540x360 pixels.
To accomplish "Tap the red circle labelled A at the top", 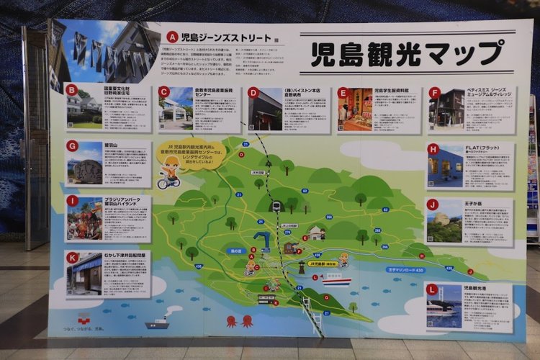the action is tap(172, 36).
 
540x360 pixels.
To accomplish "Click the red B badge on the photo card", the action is tap(71, 90).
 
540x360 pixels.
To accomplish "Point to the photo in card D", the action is tap(265, 110).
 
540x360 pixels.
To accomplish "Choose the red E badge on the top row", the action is tap(343, 92).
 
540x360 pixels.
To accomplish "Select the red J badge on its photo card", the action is tap(432, 204).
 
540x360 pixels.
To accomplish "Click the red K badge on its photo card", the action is tap(72, 257).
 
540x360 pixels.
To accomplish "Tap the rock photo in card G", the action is tap(85, 164).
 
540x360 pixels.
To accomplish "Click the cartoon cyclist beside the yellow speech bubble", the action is tap(169, 174).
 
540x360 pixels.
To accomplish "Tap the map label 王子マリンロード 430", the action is tap(405, 270).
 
